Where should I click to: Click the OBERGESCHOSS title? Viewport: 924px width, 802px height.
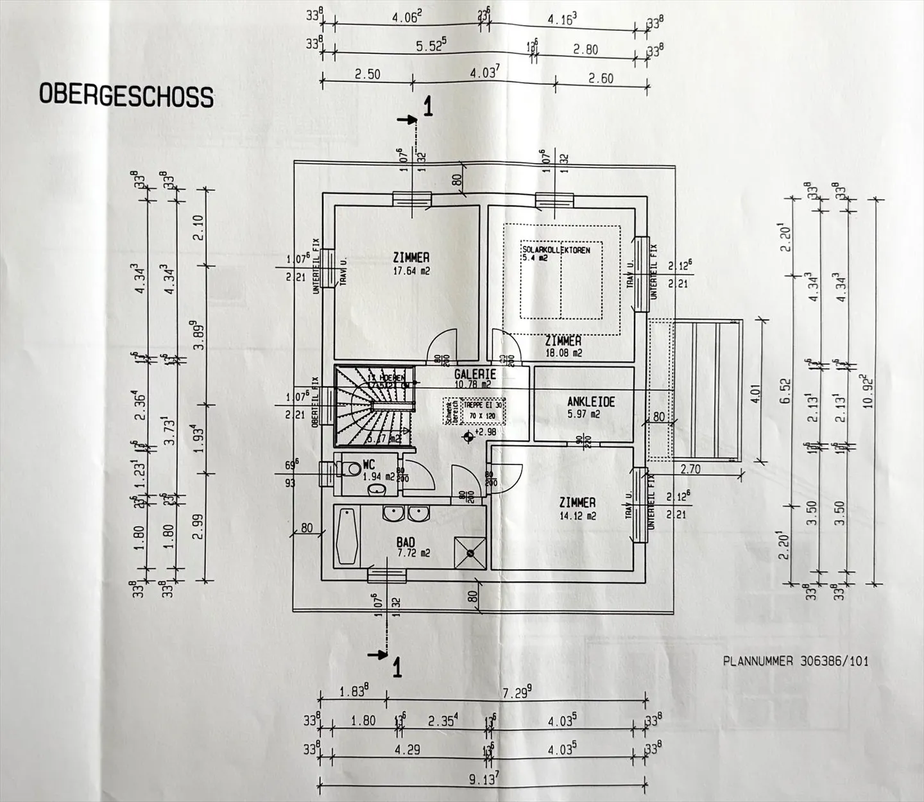(x=126, y=95)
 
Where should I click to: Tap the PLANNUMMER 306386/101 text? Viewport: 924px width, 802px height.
(x=796, y=660)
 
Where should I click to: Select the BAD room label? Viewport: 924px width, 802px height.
(x=406, y=543)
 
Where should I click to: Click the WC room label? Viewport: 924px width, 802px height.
(x=368, y=464)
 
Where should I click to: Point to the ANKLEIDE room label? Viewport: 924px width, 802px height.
(x=591, y=402)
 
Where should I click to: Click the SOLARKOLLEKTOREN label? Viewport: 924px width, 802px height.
(x=556, y=250)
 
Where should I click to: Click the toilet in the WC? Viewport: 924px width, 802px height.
(x=349, y=469)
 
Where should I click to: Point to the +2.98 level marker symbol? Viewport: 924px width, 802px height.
(x=470, y=436)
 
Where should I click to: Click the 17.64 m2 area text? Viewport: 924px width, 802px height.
(x=411, y=271)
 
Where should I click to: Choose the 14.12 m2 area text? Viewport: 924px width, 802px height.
(x=577, y=515)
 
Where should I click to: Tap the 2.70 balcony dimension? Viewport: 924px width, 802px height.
(x=690, y=469)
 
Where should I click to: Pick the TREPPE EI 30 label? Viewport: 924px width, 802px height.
(x=484, y=405)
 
